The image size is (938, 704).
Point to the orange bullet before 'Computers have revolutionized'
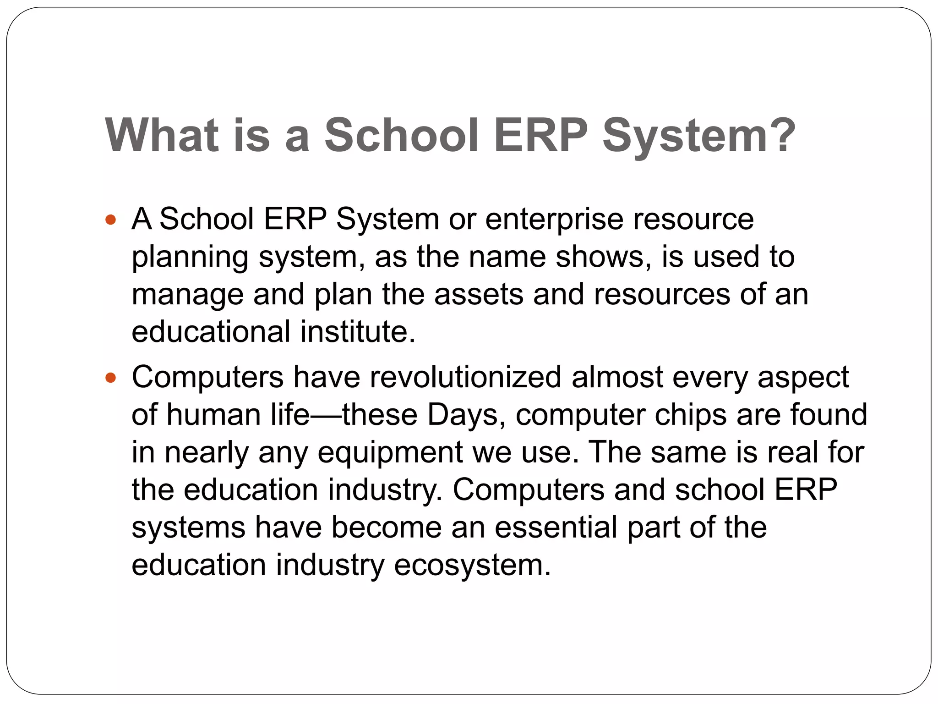tap(110, 378)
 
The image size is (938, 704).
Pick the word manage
tap(187, 295)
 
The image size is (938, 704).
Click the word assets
tap(478, 294)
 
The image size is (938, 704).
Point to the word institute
tap(358, 332)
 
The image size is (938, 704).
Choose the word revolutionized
tap(465, 377)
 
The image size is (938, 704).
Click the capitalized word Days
tap(463, 415)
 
